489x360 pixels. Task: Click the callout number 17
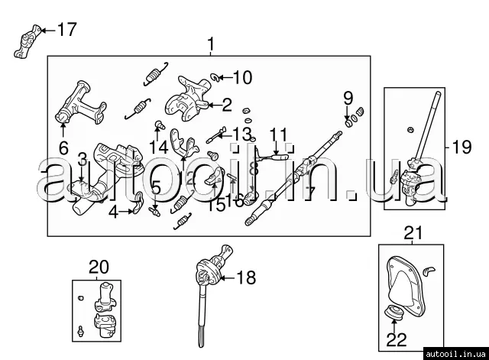tap(66, 30)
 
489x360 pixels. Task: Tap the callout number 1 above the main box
tap(211, 47)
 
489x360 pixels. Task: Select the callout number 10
tap(241, 76)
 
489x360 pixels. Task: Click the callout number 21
tap(413, 233)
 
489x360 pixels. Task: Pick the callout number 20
tap(99, 267)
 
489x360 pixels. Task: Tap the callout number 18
tap(247, 278)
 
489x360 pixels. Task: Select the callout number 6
tap(63, 148)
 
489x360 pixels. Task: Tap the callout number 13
tap(241, 135)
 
